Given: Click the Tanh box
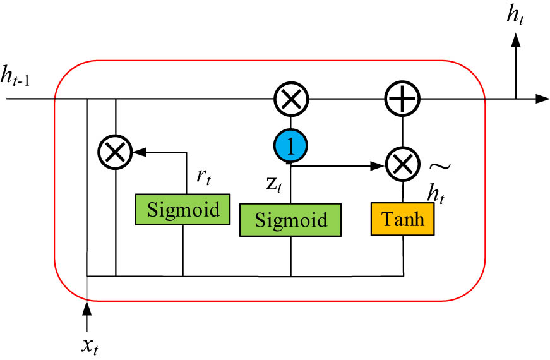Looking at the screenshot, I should pos(403,219).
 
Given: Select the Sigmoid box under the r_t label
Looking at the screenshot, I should pos(182,209).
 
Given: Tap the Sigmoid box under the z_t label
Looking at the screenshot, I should pos(290,220).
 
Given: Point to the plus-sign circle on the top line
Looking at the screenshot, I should pos(403,99).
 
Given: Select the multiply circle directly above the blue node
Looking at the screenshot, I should pos(290,99).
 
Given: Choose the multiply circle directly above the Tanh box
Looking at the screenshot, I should pos(403,166).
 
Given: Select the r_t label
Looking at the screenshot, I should pos(203,177).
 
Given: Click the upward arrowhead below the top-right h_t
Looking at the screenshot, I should pos(516,39).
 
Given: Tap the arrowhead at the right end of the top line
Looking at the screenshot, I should pos(542,99).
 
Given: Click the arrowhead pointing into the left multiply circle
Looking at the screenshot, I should pos(138,152).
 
